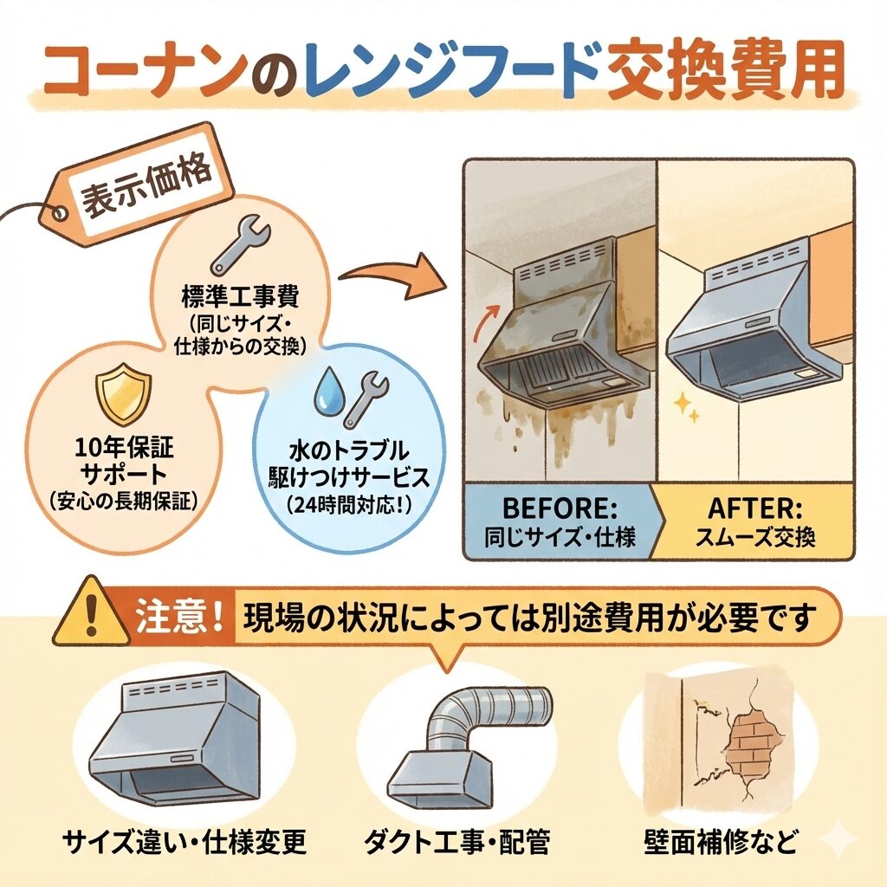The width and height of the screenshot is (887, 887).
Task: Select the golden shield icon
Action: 123,394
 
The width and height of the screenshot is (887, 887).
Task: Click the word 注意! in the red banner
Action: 178,617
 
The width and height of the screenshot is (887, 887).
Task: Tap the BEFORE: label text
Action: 559,508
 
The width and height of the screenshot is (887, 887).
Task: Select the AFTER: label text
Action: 755,508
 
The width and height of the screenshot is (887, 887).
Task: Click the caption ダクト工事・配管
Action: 456,842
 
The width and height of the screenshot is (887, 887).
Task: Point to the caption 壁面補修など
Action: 722,842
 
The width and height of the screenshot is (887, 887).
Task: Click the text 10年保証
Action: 124,448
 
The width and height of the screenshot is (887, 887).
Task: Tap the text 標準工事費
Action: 240,296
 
